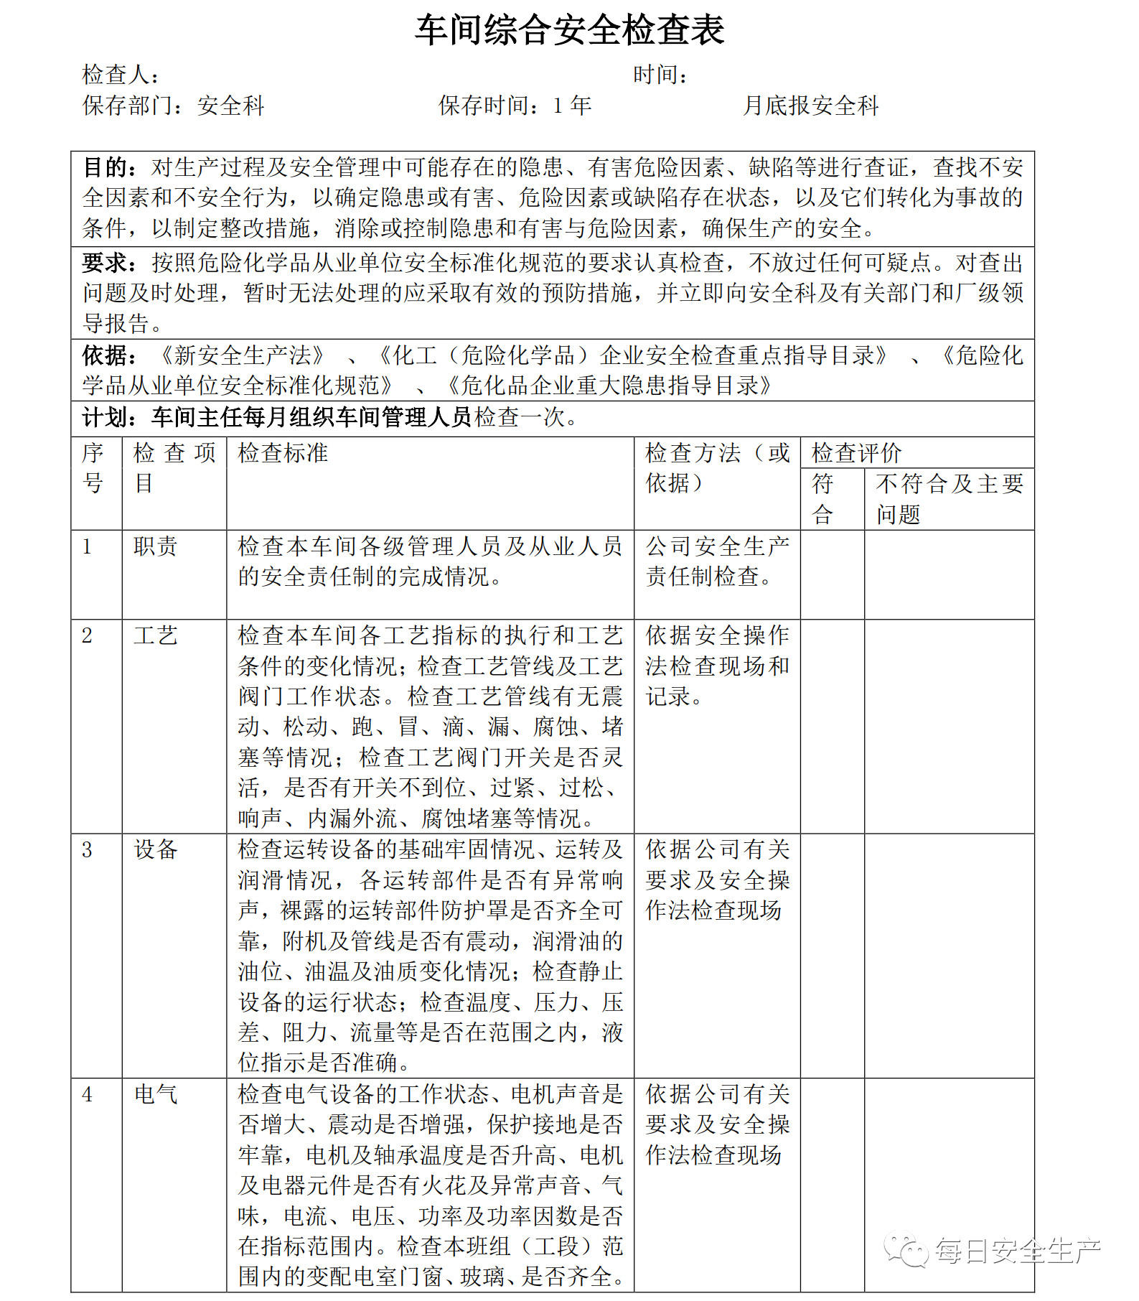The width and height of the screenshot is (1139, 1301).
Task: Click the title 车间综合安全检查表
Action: click(x=569, y=31)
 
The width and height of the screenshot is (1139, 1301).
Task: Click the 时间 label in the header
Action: click(x=660, y=75)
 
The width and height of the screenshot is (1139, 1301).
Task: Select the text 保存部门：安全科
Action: click(x=173, y=106)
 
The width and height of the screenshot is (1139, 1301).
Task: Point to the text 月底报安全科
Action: click(x=810, y=106)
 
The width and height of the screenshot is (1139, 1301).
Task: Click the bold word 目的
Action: click(x=108, y=168)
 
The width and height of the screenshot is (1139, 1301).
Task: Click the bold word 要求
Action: click(x=108, y=263)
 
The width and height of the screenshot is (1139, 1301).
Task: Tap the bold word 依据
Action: click(x=108, y=355)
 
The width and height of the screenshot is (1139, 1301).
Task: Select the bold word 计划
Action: click(x=108, y=417)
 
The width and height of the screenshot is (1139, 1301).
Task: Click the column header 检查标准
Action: click(x=283, y=453)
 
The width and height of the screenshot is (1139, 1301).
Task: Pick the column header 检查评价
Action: click(x=856, y=453)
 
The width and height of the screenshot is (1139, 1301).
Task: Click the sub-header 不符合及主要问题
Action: click(x=949, y=498)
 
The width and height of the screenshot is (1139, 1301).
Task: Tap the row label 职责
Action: click(x=156, y=546)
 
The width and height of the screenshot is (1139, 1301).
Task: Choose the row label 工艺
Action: click(x=156, y=635)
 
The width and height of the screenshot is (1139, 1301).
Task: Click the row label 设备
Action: click(x=156, y=850)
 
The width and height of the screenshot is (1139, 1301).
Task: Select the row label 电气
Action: click(x=156, y=1094)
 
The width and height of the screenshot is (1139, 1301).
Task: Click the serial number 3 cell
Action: click(x=88, y=850)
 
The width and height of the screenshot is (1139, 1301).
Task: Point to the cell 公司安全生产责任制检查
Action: click(x=717, y=561)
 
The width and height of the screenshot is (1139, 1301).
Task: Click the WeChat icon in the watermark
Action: click(x=906, y=1250)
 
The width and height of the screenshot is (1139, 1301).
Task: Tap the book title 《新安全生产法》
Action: click(x=243, y=355)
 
